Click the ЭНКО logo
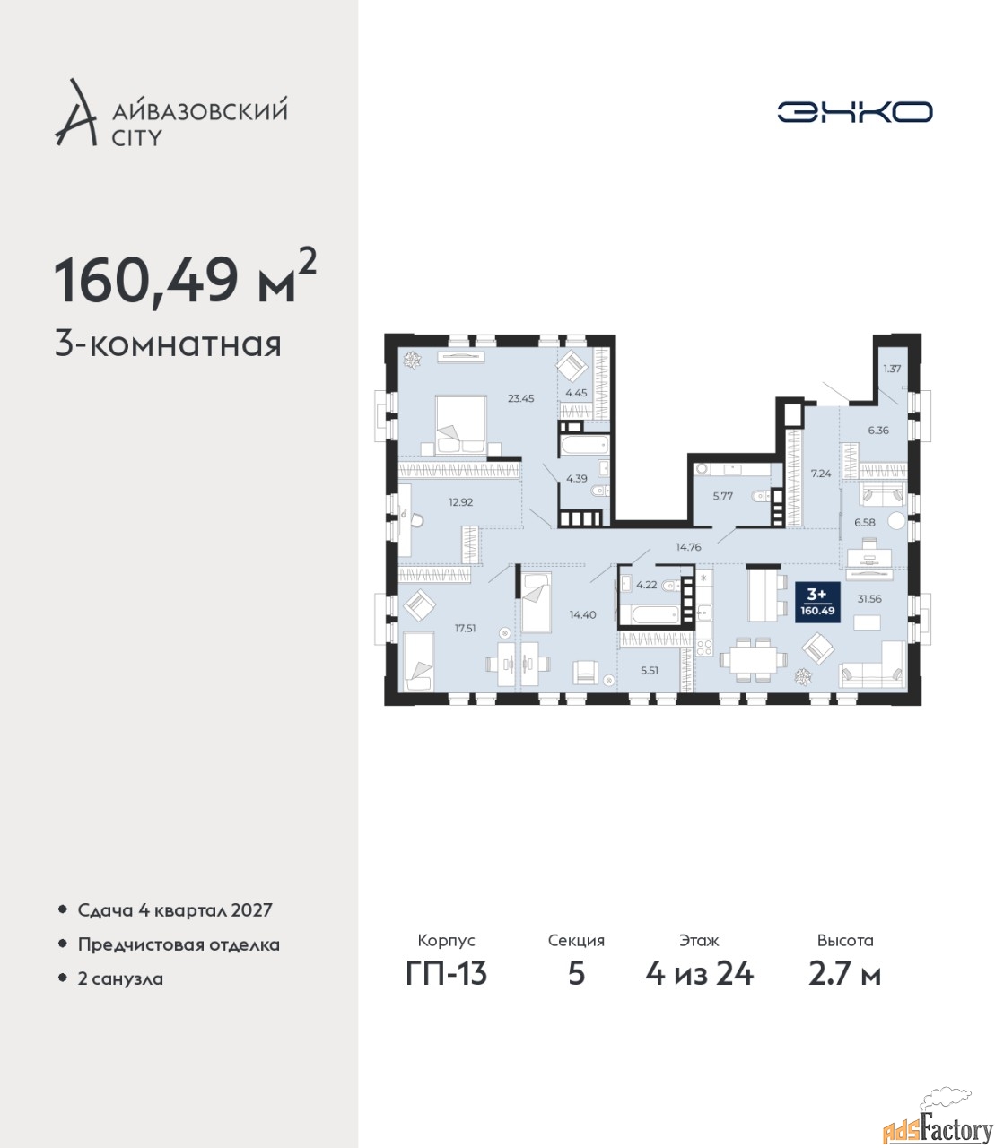pyautogui.click(x=854, y=111)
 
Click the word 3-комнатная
pyautogui.click(x=168, y=345)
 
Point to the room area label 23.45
pyautogui.click(x=520, y=398)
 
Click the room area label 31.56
pyautogui.click(x=869, y=599)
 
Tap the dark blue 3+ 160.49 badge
pyautogui.click(x=817, y=603)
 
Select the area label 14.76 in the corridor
pyautogui.click(x=688, y=547)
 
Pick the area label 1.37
pyautogui.click(x=892, y=369)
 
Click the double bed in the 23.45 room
pyautogui.click(x=460, y=424)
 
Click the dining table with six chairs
pyautogui.click(x=754, y=660)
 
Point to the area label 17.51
pyautogui.click(x=465, y=628)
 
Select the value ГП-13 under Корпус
pyautogui.click(x=446, y=974)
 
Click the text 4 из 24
pyautogui.click(x=699, y=974)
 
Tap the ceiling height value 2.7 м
pyautogui.click(x=844, y=974)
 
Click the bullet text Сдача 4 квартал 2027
pyautogui.click(x=175, y=910)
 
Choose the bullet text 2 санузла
pyautogui.click(x=120, y=978)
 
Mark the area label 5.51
pyautogui.click(x=650, y=670)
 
